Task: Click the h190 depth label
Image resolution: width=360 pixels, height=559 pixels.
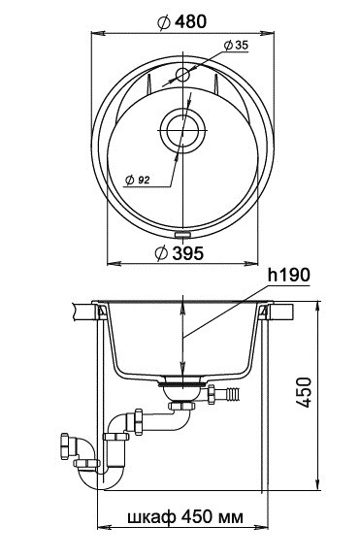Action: click(x=288, y=276)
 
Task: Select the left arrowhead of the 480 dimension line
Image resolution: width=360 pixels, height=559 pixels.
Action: click(x=96, y=30)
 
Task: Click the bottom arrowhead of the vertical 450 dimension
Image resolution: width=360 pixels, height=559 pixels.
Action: click(x=317, y=485)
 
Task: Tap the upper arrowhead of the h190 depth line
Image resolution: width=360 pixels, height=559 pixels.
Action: click(x=180, y=309)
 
